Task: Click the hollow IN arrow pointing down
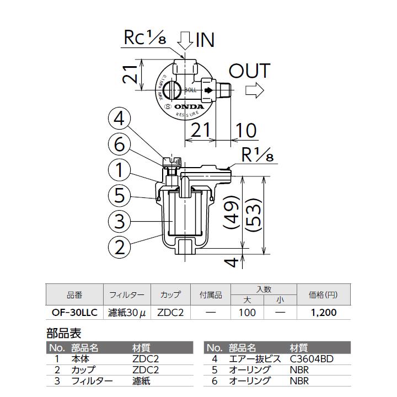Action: (x=185, y=40)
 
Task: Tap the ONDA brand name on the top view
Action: (x=189, y=106)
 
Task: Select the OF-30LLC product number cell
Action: (x=74, y=313)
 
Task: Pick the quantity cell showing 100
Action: (x=247, y=313)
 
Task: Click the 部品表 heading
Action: (x=63, y=334)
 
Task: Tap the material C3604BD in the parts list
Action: (x=312, y=359)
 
